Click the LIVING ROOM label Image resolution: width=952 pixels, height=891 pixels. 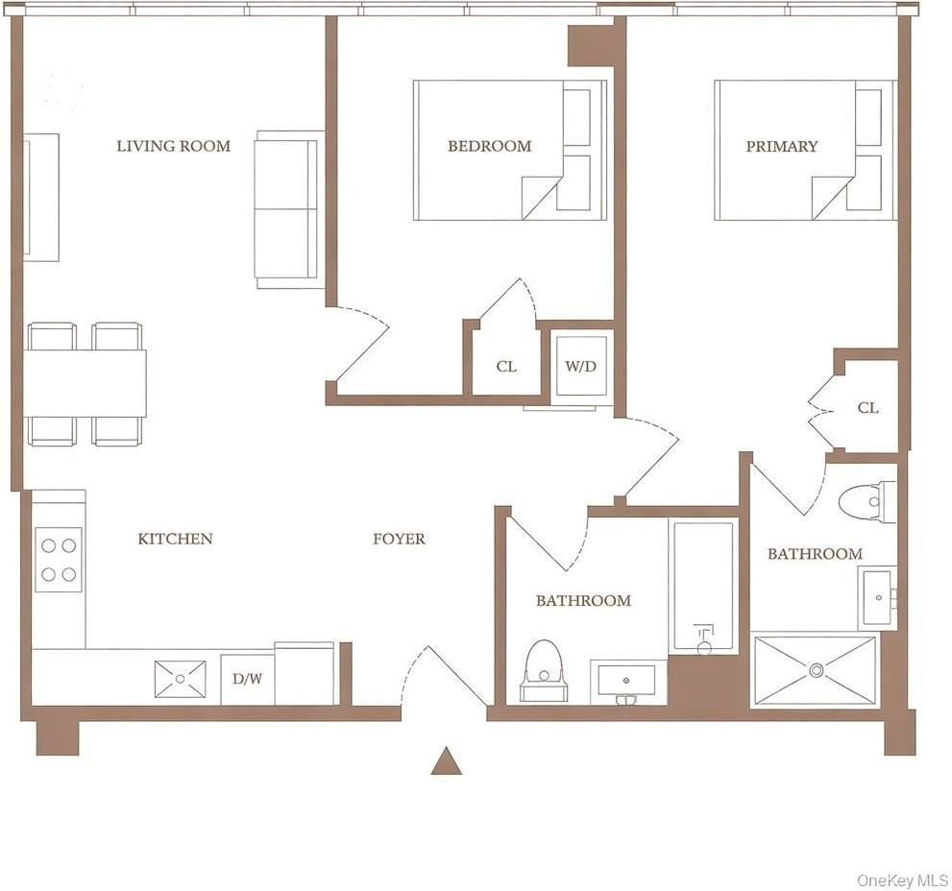pos(173,146)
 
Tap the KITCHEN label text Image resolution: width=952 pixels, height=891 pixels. pos(175,539)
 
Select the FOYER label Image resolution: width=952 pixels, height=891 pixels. pos(399,539)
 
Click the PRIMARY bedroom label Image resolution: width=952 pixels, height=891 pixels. pos(781,146)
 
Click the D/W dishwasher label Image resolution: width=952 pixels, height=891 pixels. pos(247,679)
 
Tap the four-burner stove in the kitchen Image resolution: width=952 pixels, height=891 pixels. pos(59,560)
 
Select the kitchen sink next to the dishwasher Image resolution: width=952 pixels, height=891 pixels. pos(181,678)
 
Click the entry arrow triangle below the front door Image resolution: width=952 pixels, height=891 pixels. pos(446,760)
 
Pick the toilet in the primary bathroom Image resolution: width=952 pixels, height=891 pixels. pos(866,501)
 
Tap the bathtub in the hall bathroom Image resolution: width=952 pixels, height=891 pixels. pos(703,586)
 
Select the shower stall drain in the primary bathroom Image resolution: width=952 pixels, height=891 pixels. pos(816,669)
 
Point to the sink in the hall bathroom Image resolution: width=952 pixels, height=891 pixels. pos(626,681)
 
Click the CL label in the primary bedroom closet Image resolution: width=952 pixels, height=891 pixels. pos(867,407)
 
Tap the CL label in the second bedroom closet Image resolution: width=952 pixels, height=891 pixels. pos(506,366)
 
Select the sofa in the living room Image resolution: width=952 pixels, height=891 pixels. pos(288,209)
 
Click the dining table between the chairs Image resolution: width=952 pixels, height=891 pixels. pos(85,383)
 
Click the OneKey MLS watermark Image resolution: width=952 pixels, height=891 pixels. pos(902,879)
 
